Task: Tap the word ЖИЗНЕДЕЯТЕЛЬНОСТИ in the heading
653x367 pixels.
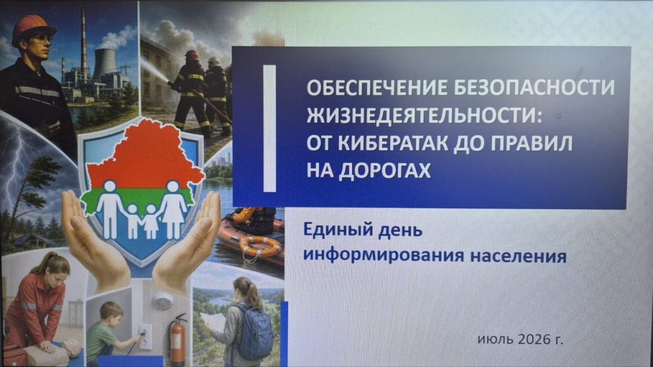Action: [x=425, y=115]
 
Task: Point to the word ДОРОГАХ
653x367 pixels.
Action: [x=385, y=170]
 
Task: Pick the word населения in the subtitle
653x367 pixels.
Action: [x=518, y=256]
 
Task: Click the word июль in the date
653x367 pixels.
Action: [x=495, y=340]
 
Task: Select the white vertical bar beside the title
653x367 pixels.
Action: [x=270, y=128]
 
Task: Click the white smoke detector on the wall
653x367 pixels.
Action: [x=163, y=301]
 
